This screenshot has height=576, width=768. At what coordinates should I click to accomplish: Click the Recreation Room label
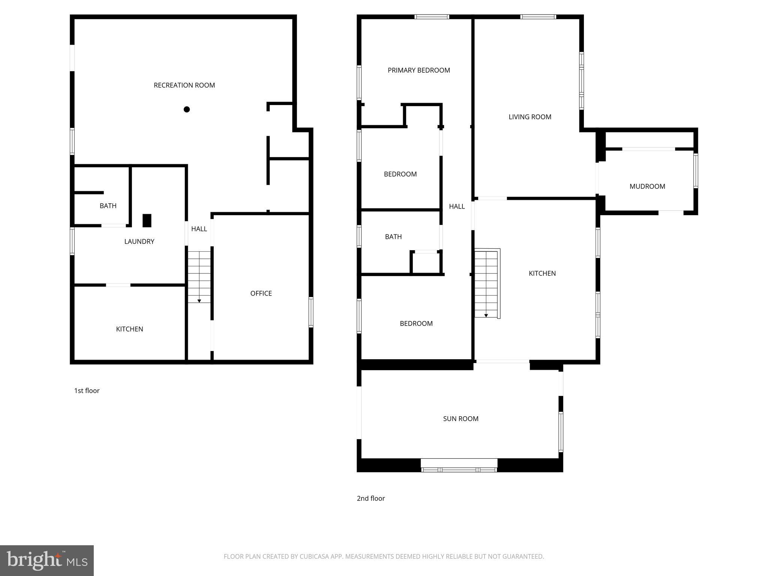point(184,85)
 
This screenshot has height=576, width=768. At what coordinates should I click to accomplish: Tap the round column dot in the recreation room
point(187,109)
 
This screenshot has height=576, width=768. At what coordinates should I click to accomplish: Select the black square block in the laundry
point(147,220)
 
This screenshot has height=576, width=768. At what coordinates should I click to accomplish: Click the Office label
point(261,293)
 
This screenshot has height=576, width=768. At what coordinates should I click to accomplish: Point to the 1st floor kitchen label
point(129,329)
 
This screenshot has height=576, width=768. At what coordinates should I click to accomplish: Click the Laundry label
point(139,241)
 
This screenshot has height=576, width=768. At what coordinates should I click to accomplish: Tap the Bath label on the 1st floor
point(108,206)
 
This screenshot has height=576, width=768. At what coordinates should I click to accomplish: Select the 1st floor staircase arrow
point(199,301)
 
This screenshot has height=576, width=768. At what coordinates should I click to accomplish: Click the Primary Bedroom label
point(418,70)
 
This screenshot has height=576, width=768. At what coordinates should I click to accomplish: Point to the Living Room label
point(529,117)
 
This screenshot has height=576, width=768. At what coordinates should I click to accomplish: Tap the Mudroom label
point(647,186)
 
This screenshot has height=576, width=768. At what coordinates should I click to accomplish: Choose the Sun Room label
point(460,418)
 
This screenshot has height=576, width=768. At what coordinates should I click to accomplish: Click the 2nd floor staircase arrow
point(486,315)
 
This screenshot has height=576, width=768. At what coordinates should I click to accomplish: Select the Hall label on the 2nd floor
point(457,206)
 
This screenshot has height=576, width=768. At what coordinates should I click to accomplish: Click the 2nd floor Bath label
point(393,237)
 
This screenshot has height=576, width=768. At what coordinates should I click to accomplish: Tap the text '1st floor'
point(87,391)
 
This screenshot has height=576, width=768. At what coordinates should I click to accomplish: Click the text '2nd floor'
point(370,498)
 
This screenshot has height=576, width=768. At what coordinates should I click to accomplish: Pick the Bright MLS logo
point(46,560)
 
